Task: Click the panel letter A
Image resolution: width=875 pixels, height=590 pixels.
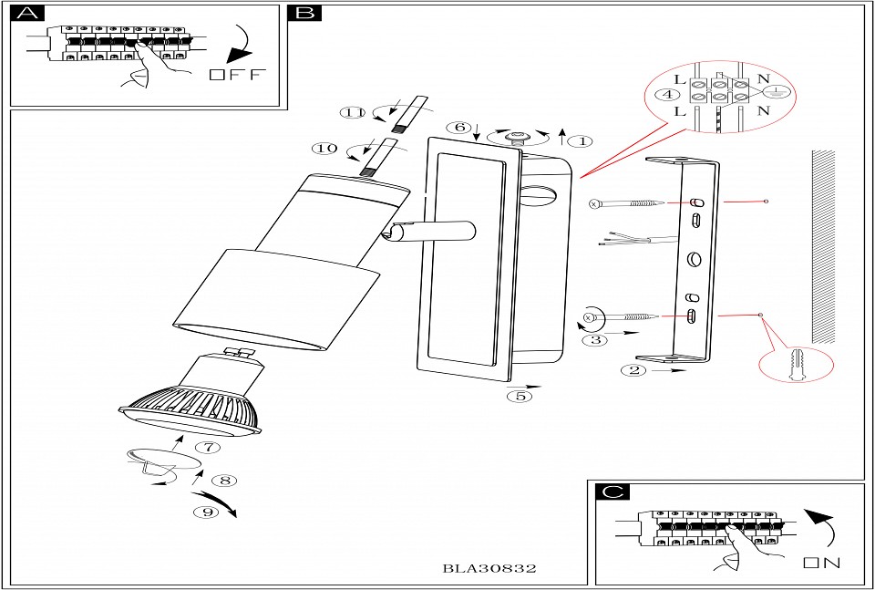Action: pyautogui.click(x=30, y=13)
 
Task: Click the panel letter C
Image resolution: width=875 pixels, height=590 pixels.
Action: pyautogui.click(x=612, y=492)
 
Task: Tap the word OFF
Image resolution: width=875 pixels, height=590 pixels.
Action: pyautogui.click(x=235, y=75)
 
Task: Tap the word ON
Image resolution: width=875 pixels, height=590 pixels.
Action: pyautogui.click(x=821, y=563)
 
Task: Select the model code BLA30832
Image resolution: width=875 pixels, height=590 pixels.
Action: pyautogui.click(x=489, y=567)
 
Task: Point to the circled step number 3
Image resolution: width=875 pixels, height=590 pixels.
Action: pyautogui.click(x=594, y=339)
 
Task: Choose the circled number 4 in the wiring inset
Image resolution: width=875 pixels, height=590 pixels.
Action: pyautogui.click(x=669, y=94)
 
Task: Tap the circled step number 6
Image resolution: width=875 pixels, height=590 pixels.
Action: pyautogui.click(x=460, y=127)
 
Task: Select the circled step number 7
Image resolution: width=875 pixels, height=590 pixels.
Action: pyautogui.click(x=209, y=448)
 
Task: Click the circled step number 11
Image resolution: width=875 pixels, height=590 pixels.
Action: pyautogui.click(x=352, y=113)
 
